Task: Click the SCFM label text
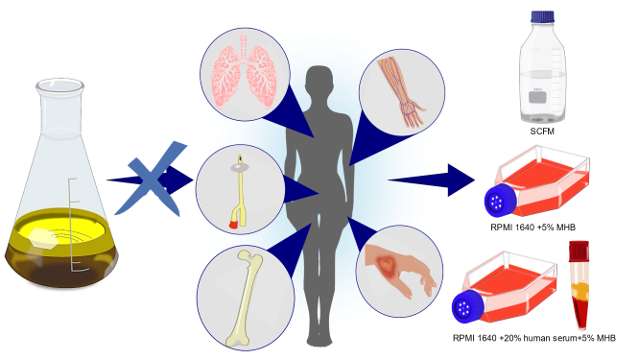(543, 132)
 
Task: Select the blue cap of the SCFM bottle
(543, 17)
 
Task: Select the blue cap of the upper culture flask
(498, 201)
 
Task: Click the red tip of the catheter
(234, 223)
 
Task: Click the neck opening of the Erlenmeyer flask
(59, 87)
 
